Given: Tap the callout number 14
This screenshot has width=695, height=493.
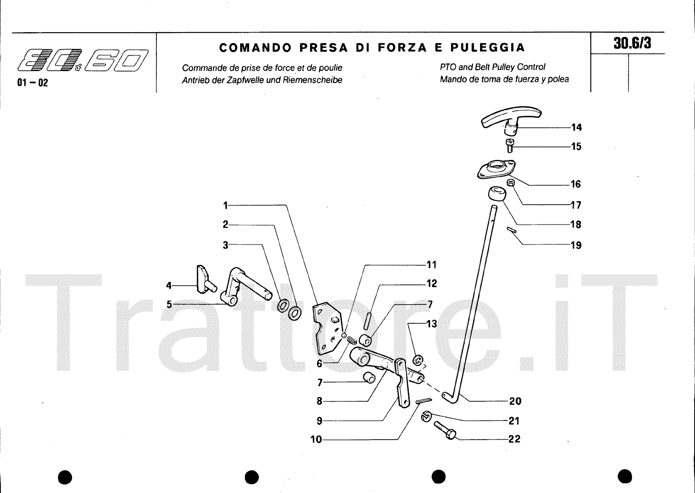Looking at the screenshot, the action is click(576, 127).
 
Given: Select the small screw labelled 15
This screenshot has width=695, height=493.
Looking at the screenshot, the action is click(510, 146).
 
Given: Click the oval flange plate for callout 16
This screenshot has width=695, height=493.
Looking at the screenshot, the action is click(496, 169).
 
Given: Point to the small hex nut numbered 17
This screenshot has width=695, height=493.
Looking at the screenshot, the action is click(511, 182).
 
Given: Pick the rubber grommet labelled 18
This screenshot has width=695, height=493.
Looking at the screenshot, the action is click(497, 194).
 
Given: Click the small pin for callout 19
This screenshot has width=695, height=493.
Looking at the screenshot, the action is click(512, 230).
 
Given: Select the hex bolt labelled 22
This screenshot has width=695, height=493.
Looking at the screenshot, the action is click(445, 430).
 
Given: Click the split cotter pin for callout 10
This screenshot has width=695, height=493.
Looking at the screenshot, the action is click(424, 401).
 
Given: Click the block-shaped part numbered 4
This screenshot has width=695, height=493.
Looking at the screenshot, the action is click(206, 280).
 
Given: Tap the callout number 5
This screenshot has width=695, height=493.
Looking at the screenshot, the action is click(169, 304).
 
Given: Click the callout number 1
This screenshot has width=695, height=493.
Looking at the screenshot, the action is click(225, 205).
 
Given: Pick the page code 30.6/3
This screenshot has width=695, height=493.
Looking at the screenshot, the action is click(632, 43).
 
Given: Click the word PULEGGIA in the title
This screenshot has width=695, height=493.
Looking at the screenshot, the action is click(487, 47).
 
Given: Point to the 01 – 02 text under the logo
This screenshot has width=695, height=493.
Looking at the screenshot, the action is click(33, 83).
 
